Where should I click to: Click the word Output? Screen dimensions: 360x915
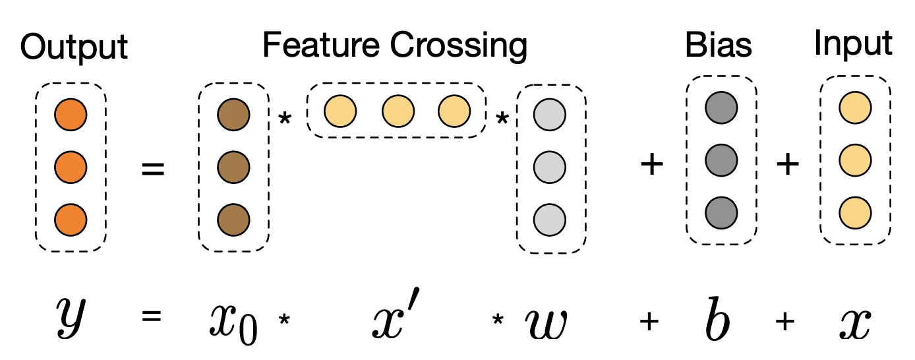click(74, 48)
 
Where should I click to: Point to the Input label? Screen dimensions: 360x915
click(853, 45)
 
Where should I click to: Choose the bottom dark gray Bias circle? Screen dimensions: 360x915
click(721, 212)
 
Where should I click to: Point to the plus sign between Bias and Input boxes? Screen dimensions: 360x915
click(787, 165)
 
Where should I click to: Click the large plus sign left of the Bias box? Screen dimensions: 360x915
click(651, 165)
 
